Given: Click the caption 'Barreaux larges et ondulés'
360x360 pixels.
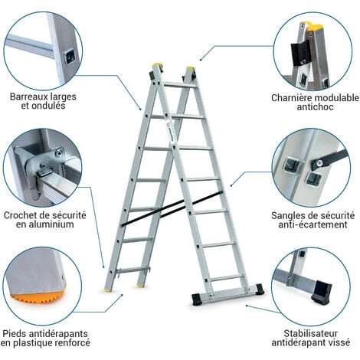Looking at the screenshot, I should tap(43, 101).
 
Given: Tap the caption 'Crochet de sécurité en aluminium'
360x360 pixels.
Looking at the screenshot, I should tap(43, 220).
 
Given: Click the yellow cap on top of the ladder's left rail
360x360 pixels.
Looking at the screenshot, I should tap(158, 67).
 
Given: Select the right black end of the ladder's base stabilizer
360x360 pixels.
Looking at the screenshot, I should tap(260, 290).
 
